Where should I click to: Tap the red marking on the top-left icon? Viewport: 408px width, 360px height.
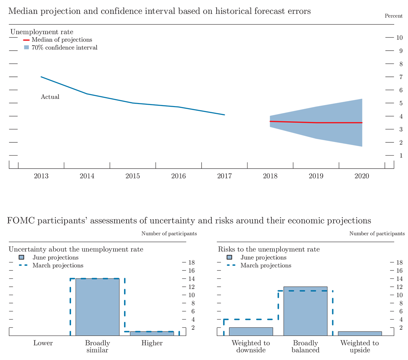point(21,41)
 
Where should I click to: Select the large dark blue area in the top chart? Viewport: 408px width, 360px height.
point(153,102)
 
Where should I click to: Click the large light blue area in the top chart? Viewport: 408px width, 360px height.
point(306,99)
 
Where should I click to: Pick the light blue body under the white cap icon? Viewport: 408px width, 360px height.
point(26,53)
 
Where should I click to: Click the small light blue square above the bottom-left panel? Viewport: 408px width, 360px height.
point(21,257)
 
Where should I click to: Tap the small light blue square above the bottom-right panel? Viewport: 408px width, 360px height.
point(230,257)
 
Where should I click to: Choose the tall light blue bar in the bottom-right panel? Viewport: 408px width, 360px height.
point(305,313)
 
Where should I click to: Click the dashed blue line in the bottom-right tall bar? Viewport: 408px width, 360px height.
point(305,291)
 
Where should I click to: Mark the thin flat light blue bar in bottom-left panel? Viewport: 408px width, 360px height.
point(152,333)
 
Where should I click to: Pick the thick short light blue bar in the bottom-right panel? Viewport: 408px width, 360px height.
point(251,331)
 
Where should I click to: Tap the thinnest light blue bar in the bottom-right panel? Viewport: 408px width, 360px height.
point(360,333)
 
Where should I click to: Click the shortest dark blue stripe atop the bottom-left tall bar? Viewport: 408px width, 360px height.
point(83,275)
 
